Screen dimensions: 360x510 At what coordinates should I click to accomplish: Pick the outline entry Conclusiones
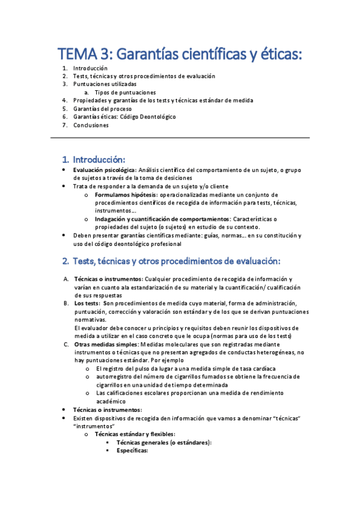tap(91, 125)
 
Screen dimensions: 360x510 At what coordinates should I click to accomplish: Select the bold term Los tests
tap(87, 304)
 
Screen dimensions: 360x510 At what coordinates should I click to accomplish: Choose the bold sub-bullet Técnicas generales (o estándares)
tap(164, 442)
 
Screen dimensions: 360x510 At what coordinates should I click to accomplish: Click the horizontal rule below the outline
tap(180, 138)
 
